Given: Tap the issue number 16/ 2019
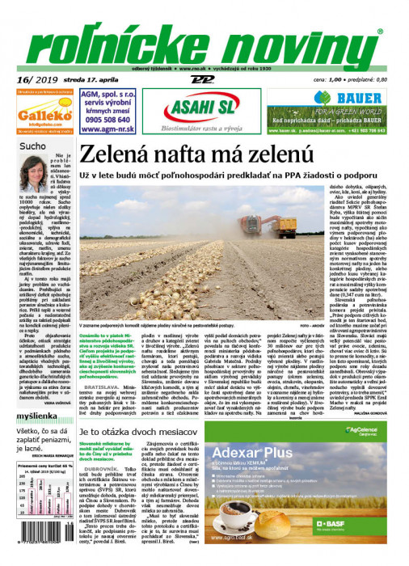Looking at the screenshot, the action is click(x=32, y=80).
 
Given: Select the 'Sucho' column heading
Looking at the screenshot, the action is click(x=34, y=146).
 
